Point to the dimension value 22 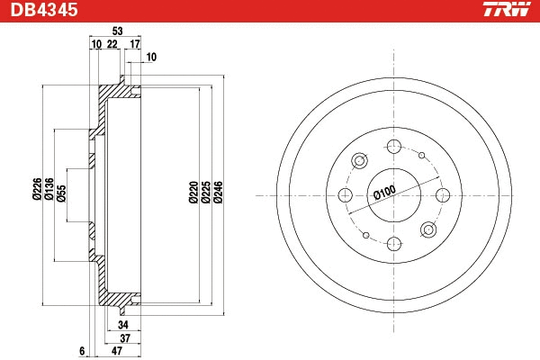point(112,43)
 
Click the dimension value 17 point(135,43)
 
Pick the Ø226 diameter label point(37,194)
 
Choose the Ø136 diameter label point(49,194)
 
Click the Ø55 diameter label point(61,194)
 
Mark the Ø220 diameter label point(193,194)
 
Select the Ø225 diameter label point(205,194)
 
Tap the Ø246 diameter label point(219,194)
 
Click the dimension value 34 point(123,324)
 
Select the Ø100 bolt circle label point(384,193)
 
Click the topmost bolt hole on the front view point(393,147)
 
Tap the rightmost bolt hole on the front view point(442,195)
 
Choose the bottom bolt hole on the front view point(393,244)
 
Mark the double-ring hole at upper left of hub point(359,161)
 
